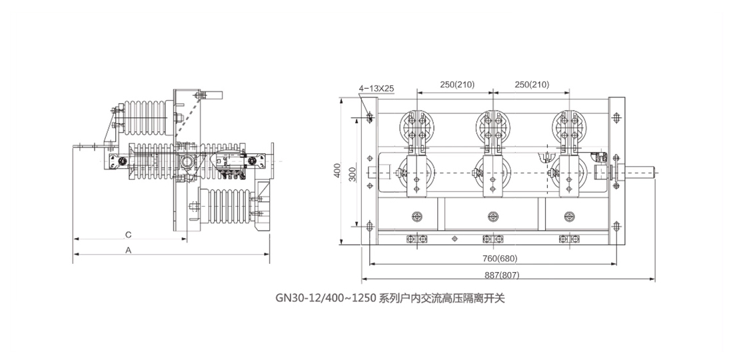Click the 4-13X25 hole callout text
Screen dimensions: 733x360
click(376, 89)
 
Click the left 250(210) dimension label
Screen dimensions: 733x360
click(457, 85)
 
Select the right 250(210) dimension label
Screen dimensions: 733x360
click(532, 85)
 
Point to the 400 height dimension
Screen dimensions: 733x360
click(338, 172)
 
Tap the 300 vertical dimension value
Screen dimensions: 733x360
click(353, 173)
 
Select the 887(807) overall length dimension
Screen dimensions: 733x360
click(502, 275)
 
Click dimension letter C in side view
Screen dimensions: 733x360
click(129, 234)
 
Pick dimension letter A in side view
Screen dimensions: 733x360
click(129, 250)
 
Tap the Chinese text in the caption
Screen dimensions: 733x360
click(442, 298)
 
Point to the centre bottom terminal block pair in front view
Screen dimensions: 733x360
click(492, 239)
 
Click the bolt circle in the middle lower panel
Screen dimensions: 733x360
click(492, 217)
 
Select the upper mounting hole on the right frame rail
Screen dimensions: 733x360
click(616, 117)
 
